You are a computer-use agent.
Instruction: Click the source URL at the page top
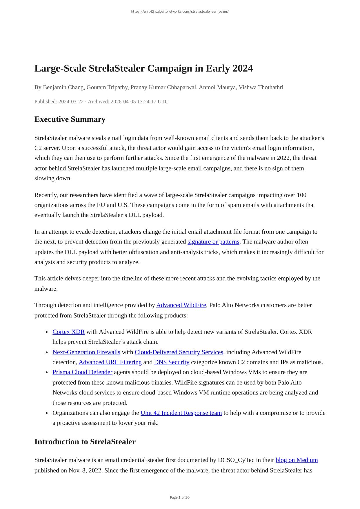pyautogui.click(x=180, y=12)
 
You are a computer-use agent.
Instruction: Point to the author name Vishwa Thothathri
pyautogui.click(x=261, y=87)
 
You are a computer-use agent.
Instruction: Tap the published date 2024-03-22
pyautogui.click(x=71, y=101)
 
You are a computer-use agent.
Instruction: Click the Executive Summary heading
pyautogui.click(x=70, y=119)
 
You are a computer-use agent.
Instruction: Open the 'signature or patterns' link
pyautogui.click(x=213, y=242)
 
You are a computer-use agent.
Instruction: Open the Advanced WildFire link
pyautogui.click(x=181, y=305)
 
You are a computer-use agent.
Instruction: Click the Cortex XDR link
pyautogui.click(x=68, y=332)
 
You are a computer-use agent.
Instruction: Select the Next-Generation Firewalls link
pyautogui.click(x=86, y=352)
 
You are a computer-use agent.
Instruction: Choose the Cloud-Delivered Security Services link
pyautogui.click(x=179, y=352)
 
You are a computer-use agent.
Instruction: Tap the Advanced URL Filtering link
pyautogui.click(x=110, y=362)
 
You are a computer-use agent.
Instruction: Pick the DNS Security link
pyautogui.click(x=172, y=362)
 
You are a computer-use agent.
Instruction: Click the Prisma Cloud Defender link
pyautogui.click(x=82, y=372)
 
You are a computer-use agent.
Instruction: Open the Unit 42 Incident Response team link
pyautogui.click(x=181, y=413)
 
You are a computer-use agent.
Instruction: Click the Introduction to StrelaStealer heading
pyautogui.click(x=85, y=441)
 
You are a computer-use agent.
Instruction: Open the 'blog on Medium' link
pyautogui.click(x=297, y=460)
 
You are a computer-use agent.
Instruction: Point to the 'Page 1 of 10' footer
pyautogui.click(x=180, y=497)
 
